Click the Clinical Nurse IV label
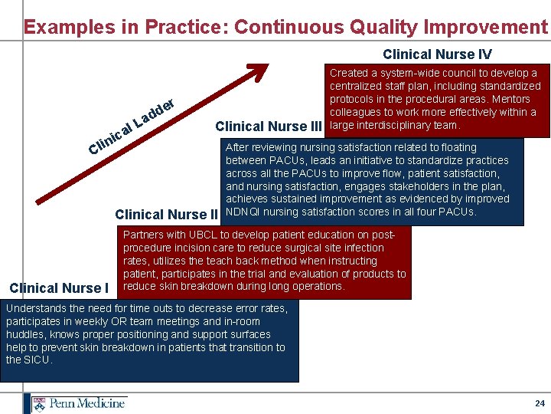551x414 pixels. [437, 54]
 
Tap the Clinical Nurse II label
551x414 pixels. [167, 215]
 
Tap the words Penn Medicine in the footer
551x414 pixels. [86, 402]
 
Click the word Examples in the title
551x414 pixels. [60, 27]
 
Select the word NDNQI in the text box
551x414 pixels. [245, 212]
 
